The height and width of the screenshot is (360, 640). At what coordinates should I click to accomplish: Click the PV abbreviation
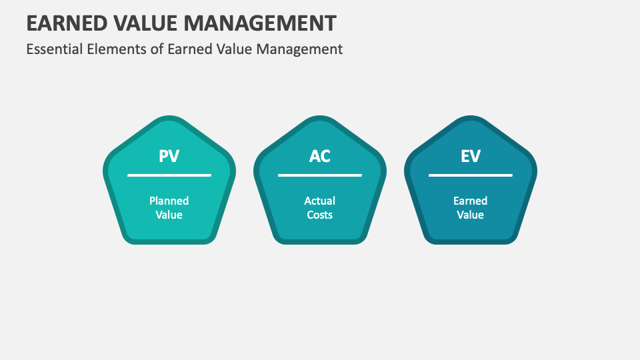(x=169, y=157)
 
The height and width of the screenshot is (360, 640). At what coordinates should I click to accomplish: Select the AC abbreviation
(x=320, y=157)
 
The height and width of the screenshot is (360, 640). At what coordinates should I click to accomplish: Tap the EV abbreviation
(x=471, y=157)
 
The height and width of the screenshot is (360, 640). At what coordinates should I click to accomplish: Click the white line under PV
(x=169, y=175)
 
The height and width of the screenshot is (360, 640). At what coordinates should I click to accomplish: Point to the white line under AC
(x=320, y=175)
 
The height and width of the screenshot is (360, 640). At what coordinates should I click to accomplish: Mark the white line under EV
(x=471, y=175)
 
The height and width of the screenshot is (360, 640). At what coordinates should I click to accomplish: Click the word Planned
(x=169, y=201)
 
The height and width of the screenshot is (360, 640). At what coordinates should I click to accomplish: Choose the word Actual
(x=320, y=201)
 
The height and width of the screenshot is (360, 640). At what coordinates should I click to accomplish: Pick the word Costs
(x=320, y=215)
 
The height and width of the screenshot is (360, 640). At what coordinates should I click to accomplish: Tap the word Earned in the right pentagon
(x=471, y=201)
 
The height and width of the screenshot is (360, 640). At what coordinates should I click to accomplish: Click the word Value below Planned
(x=169, y=215)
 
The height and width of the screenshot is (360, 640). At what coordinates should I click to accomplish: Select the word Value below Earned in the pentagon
(x=471, y=215)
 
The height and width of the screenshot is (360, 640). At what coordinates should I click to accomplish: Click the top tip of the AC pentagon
(x=320, y=119)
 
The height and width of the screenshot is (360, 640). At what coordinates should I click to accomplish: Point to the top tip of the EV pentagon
(x=471, y=119)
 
